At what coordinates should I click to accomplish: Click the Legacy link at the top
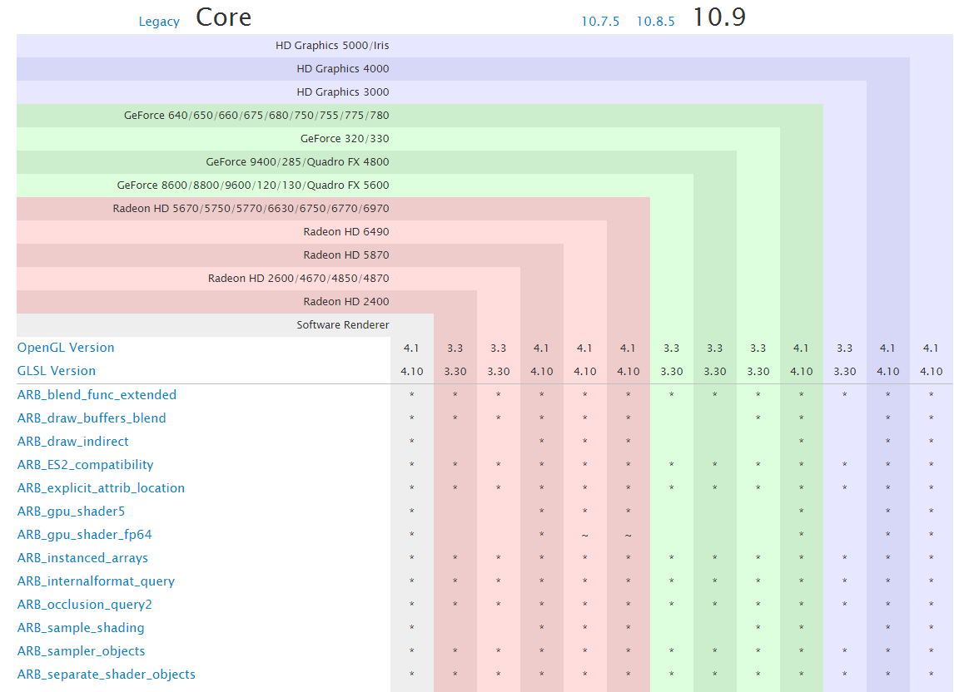pyautogui.click(x=159, y=22)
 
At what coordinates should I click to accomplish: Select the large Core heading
pyautogui.click(x=223, y=17)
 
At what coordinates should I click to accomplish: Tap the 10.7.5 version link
pyautogui.click(x=600, y=22)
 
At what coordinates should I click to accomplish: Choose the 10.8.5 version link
pyautogui.click(x=655, y=22)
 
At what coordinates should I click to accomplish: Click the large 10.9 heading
pyautogui.click(x=719, y=17)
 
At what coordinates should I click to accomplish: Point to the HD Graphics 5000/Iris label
pyautogui.click(x=332, y=46)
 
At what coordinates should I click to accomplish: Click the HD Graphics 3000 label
pyautogui.click(x=342, y=92)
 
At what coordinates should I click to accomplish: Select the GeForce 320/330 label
pyautogui.click(x=345, y=139)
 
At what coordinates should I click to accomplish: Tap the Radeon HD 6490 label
pyautogui.click(x=345, y=232)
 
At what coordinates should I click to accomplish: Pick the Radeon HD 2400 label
pyautogui.click(x=345, y=302)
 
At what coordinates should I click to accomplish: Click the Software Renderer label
pyautogui.click(x=342, y=325)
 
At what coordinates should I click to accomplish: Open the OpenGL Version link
pyautogui.click(x=66, y=348)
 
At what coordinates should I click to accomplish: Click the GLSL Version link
pyautogui.click(x=57, y=371)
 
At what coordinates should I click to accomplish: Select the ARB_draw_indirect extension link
pyautogui.click(x=73, y=442)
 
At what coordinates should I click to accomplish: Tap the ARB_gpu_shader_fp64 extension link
pyautogui.click(x=85, y=535)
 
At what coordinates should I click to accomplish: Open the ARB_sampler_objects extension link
pyautogui.click(x=82, y=651)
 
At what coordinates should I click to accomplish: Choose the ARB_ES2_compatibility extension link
pyautogui.click(x=86, y=465)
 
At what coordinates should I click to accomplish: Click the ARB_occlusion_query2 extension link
pyautogui.click(x=85, y=605)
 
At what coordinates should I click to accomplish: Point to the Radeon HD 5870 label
pyautogui.click(x=345, y=255)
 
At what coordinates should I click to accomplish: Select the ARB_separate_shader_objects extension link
pyautogui.click(x=107, y=675)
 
